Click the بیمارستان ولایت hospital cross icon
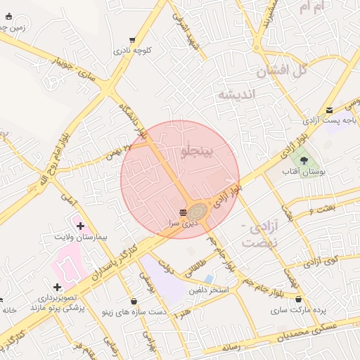click(x=80, y=226)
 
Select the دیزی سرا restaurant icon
click(x=183, y=212)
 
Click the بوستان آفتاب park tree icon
click(x=304, y=161)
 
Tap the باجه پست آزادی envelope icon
click(x=329, y=109)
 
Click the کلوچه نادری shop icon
click(x=132, y=40)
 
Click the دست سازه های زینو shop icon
click(x=134, y=301)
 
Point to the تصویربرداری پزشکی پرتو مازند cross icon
click(x=57, y=287)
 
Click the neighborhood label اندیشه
click(x=236, y=94)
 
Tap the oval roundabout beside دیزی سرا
click(x=198, y=210)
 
